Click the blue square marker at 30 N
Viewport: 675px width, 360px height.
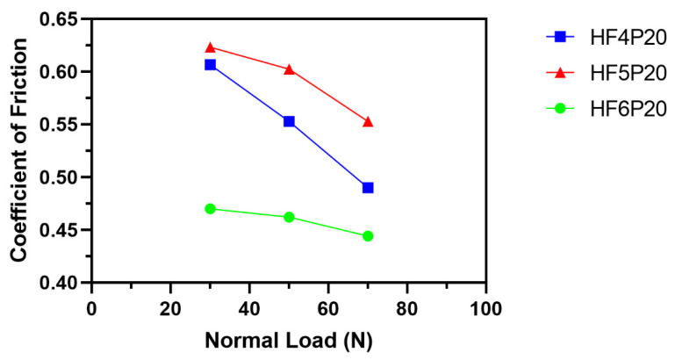tap(210, 64)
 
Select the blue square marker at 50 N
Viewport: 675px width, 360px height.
tap(289, 121)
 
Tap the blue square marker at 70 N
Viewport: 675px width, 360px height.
tap(368, 187)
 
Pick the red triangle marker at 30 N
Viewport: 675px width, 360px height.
tap(210, 47)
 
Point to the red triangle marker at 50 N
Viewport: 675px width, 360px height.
tap(289, 68)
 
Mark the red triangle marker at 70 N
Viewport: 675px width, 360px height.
tap(368, 121)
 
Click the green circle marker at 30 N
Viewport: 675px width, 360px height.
tap(210, 208)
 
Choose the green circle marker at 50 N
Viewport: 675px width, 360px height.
tap(289, 217)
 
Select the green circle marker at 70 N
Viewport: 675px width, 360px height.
tap(368, 235)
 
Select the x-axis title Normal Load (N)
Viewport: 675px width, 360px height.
tap(289, 339)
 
